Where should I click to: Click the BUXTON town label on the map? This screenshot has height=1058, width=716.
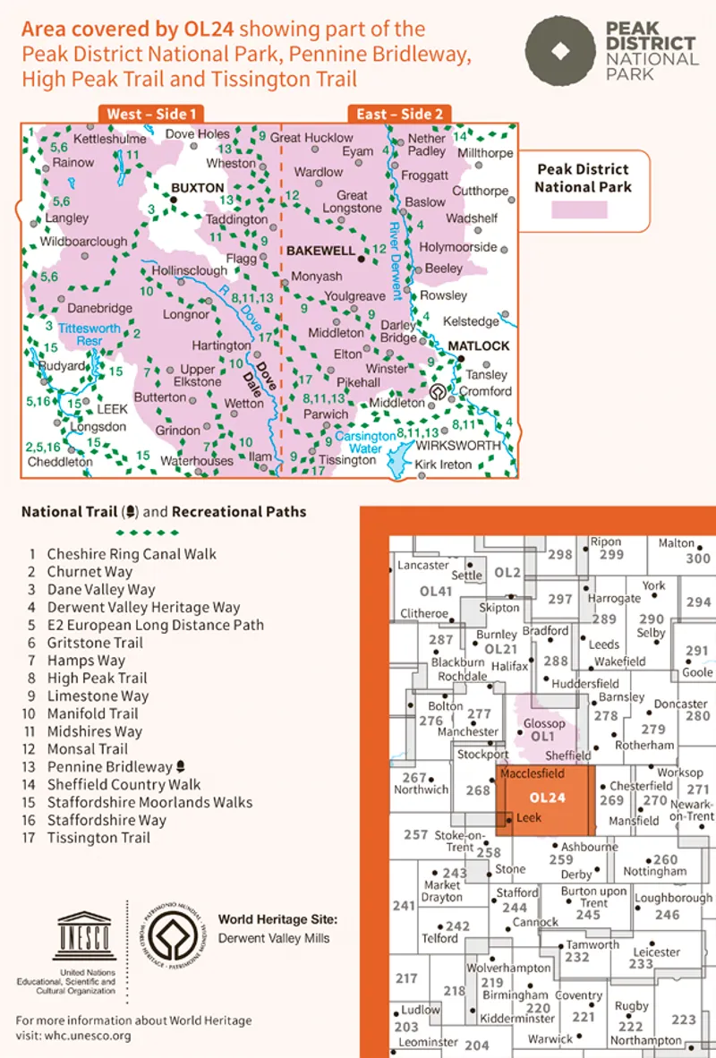[x=196, y=189]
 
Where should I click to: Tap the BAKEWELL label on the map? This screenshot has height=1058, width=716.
[x=320, y=253]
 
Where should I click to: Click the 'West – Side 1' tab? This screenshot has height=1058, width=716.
[x=151, y=114]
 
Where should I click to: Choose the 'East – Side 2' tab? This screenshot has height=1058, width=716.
[x=400, y=114]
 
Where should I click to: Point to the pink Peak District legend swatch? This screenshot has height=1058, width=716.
[x=579, y=209]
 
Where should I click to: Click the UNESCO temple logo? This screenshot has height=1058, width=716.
[x=86, y=936]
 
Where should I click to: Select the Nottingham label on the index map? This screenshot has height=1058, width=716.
[x=655, y=871]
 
